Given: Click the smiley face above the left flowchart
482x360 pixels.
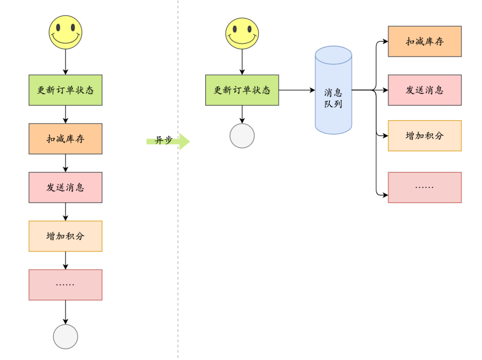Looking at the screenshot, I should click(x=66, y=32).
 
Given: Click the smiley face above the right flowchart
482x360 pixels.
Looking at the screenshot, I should click(x=242, y=33).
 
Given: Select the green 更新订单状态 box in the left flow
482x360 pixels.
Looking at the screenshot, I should click(x=66, y=90).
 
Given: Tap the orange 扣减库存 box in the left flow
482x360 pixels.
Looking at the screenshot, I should click(x=66, y=139).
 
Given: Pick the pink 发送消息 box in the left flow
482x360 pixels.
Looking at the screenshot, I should click(x=66, y=187).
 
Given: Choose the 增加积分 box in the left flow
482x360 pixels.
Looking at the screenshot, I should click(x=66, y=236).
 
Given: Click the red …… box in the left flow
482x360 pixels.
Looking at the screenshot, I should click(x=66, y=285).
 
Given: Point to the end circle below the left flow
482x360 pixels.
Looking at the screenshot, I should click(x=66, y=336).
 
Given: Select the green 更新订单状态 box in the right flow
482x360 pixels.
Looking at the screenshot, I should click(x=242, y=90).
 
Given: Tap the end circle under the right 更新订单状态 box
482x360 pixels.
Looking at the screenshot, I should click(x=242, y=136).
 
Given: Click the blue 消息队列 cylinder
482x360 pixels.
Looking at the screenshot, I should click(x=333, y=90).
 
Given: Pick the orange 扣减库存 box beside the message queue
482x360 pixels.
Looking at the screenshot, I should click(x=424, y=41).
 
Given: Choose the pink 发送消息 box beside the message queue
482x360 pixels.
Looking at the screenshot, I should click(x=424, y=90).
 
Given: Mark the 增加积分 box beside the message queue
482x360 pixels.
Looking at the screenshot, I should click(x=424, y=136).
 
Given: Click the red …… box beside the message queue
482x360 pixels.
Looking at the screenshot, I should click(x=424, y=187).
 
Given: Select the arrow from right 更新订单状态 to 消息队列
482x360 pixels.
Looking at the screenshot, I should click(x=297, y=90).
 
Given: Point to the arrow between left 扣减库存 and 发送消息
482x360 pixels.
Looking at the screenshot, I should click(x=66, y=163).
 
